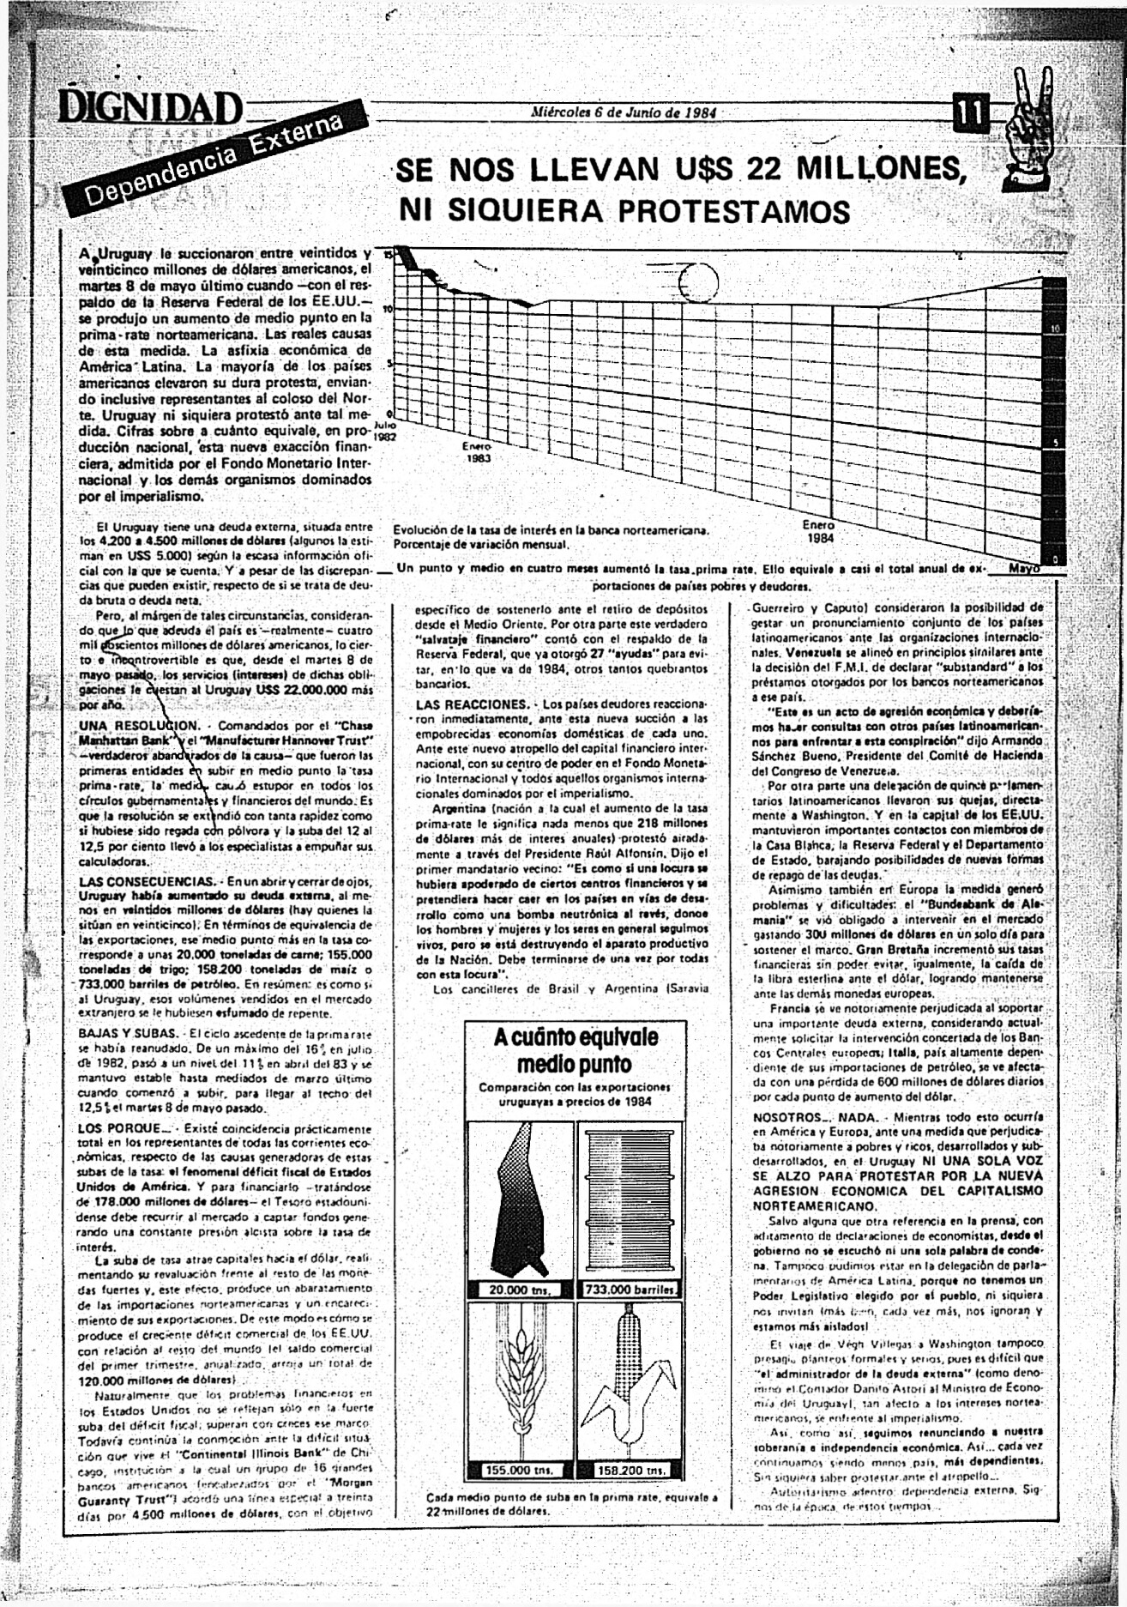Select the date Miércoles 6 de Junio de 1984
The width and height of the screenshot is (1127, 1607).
(624, 112)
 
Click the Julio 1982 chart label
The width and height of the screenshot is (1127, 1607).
(386, 429)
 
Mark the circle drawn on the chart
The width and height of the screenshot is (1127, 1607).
(696, 279)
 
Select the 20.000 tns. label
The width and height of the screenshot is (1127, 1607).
(519, 1290)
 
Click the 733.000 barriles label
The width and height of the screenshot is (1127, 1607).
(630, 1290)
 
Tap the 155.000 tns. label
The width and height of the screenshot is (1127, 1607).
(519, 1470)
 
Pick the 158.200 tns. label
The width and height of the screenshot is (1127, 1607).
(630, 1470)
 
